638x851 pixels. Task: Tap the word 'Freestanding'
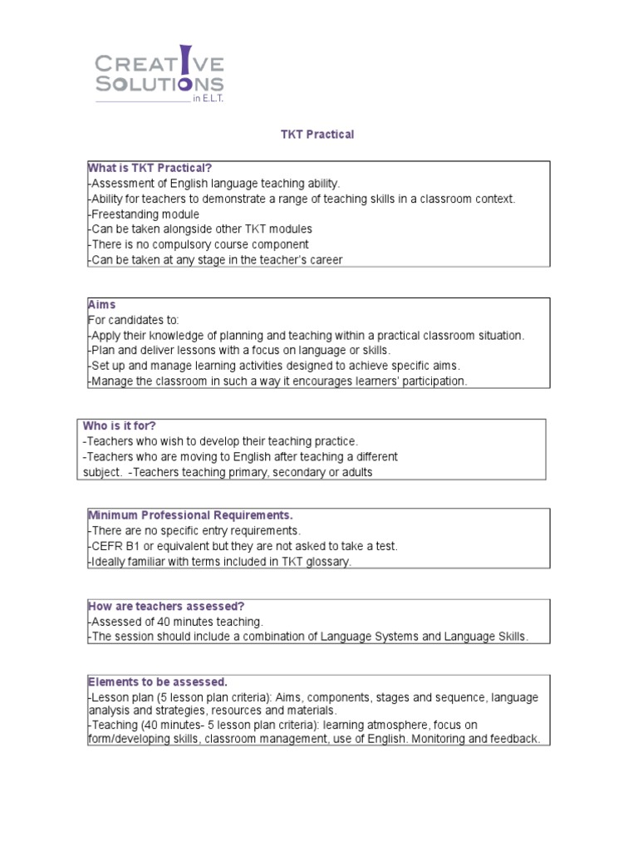click(x=120, y=214)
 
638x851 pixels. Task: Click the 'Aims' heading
click(x=101, y=305)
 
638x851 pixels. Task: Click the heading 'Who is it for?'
click(x=120, y=426)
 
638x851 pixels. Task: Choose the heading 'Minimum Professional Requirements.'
click(x=190, y=516)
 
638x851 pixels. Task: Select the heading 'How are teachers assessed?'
click(x=166, y=607)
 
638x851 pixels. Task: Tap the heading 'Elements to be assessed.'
click(x=158, y=682)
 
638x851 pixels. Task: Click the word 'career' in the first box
click(x=325, y=259)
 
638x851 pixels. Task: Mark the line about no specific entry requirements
click(x=194, y=530)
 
